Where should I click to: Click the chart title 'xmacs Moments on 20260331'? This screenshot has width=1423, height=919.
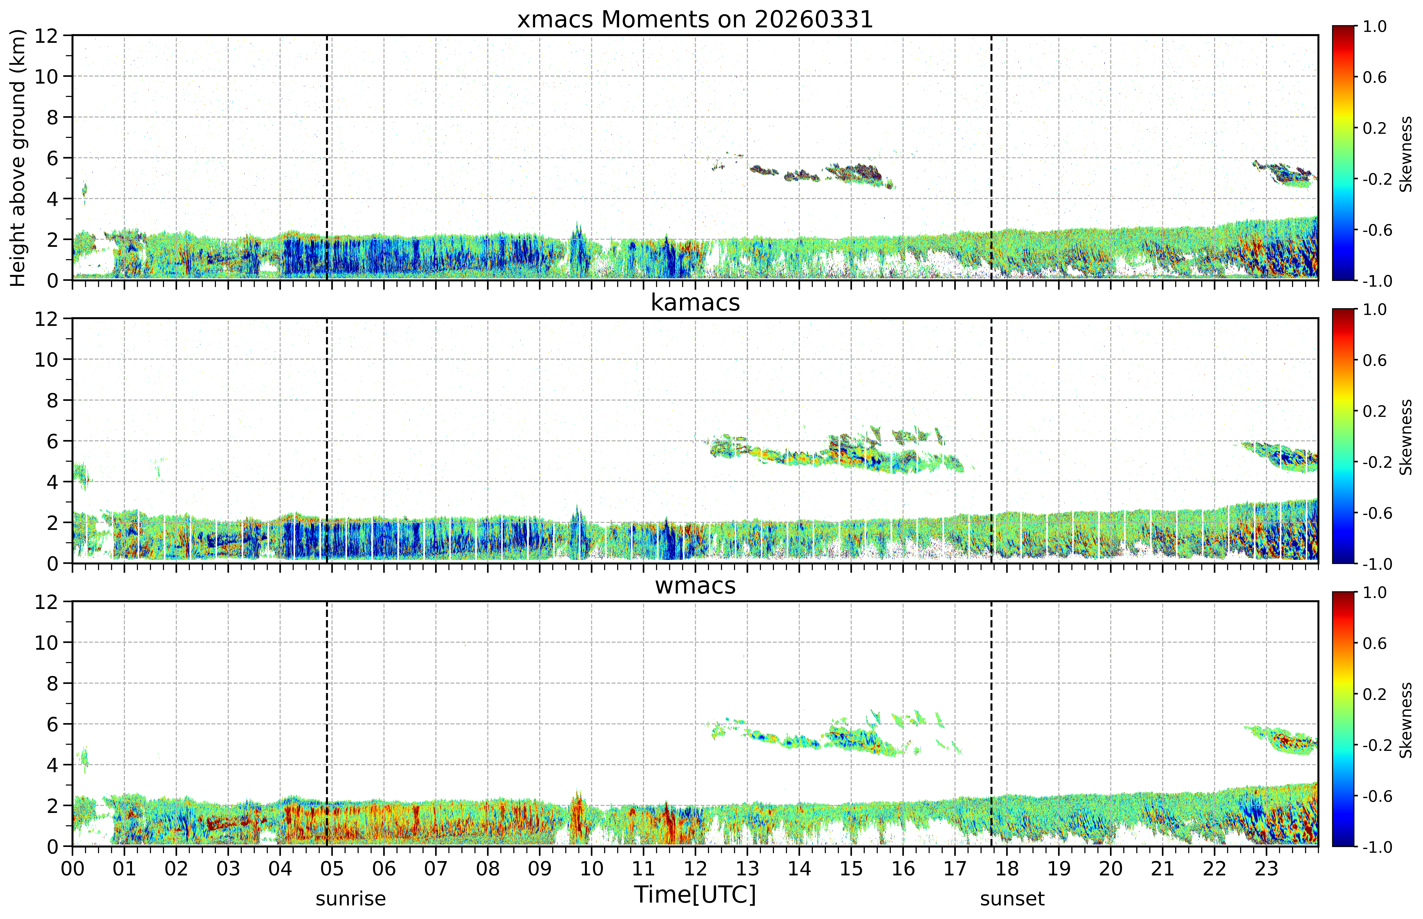(x=695, y=20)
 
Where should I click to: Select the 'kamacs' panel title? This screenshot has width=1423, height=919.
(x=695, y=302)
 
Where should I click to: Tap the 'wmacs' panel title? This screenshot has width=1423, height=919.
(x=695, y=585)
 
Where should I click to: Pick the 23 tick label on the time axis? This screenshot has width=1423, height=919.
(x=1266, y=868)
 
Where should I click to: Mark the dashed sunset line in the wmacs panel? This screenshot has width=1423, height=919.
(x=991, y=724)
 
